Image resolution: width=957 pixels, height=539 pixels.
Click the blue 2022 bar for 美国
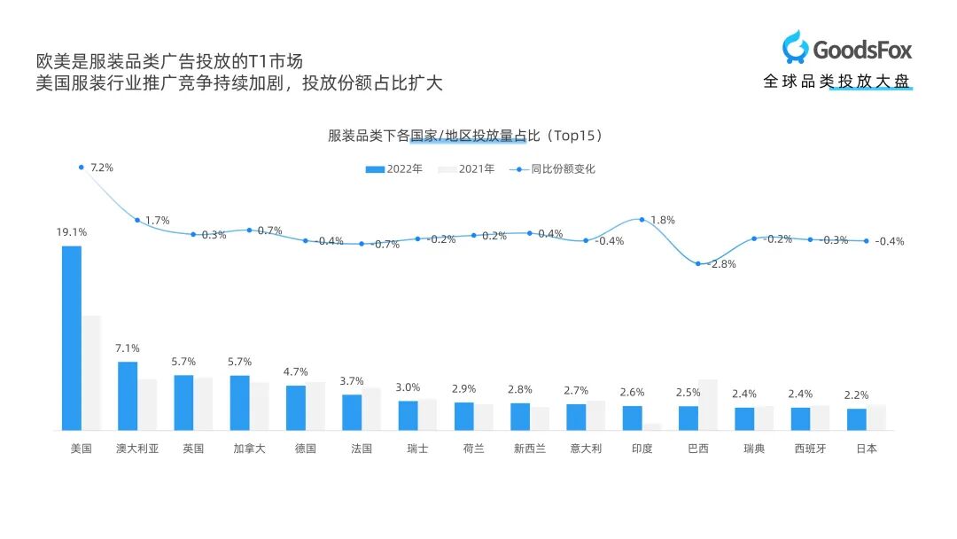tap(71, 338)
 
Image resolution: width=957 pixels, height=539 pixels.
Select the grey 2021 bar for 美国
tap(91, 372)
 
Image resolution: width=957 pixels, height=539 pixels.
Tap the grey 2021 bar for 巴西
tap(708, 404)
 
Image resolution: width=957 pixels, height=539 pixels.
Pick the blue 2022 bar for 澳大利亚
tap(128, 395)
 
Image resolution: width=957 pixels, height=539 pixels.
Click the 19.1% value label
tap(72, 232)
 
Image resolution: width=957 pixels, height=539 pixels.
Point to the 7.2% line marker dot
tap(81, 167)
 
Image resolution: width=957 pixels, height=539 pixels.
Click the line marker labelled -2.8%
tap(698, 263)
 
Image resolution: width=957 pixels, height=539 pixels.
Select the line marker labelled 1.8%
tap(642, 219)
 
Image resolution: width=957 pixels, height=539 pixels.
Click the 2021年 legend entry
tap(467, 168)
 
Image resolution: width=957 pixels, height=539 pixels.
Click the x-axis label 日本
tap(867, 449)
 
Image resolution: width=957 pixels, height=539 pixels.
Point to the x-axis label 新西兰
tap(529, 449)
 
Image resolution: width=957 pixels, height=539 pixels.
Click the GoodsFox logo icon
tap(795, 46)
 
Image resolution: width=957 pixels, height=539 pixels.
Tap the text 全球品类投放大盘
tap(836, 82)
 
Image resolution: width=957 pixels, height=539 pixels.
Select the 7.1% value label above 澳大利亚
tap(128, 348)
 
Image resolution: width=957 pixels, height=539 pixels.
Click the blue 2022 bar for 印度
tap(632, 418)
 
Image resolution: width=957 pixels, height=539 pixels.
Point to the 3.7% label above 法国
tap(352, 381)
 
